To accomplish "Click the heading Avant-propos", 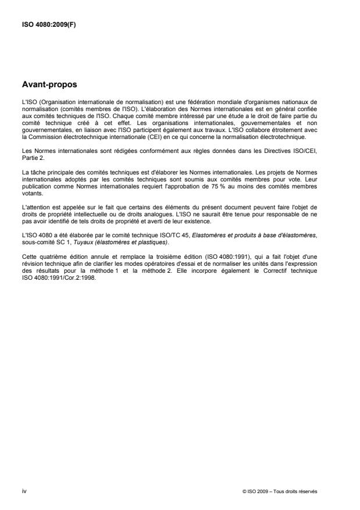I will click(49, 85).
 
